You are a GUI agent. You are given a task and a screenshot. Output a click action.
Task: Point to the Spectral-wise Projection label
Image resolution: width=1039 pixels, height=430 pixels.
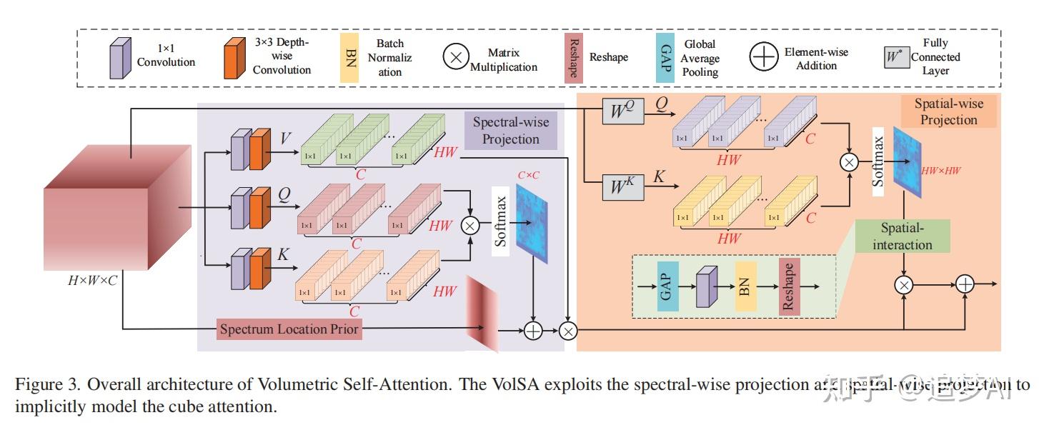coord(510,130)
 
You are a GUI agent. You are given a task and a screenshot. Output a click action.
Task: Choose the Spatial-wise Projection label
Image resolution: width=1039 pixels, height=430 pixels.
coord(948,111)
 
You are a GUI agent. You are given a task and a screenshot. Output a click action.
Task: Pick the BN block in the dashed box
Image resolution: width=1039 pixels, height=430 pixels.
coord(745,286)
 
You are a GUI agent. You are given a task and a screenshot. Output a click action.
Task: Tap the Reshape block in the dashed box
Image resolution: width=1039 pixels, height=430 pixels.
coord(789,286)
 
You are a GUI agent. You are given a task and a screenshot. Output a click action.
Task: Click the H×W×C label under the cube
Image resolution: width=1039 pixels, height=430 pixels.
coord(93,281)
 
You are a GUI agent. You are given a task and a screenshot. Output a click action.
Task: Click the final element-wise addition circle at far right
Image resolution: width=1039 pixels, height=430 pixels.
coord(965,284)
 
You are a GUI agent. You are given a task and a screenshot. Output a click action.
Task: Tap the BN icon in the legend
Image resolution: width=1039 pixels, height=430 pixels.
coord(349,57)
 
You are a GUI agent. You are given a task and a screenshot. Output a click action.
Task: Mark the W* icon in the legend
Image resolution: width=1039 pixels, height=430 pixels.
coord(896,57)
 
